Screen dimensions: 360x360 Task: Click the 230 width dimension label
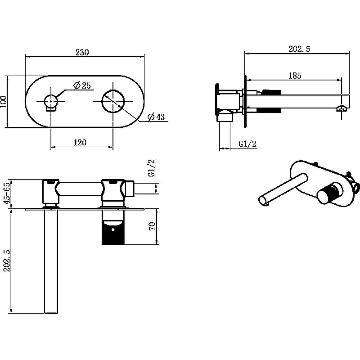point(82,52)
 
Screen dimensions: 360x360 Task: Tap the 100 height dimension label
point(4,102)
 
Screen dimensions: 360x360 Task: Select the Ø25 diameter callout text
point(82,85)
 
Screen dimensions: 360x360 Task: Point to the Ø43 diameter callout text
point(156,117)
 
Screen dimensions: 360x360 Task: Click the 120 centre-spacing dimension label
point(80,142)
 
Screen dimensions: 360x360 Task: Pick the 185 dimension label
point(295,76)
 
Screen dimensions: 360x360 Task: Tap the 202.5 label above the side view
point(299,49)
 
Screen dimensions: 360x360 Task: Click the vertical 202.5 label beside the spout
point(7,261)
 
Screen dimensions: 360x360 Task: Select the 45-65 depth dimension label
point(7,193)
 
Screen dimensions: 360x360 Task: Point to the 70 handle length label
point(153,226)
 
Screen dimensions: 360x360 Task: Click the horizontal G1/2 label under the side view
point(247,144)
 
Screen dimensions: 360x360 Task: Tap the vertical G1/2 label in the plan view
point(152,168)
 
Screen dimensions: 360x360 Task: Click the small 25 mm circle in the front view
point(50,101)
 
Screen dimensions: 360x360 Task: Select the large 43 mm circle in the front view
point(113,101)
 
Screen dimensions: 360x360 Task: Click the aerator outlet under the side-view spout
point(342,108)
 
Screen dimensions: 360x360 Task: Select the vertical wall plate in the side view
point(245,101)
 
